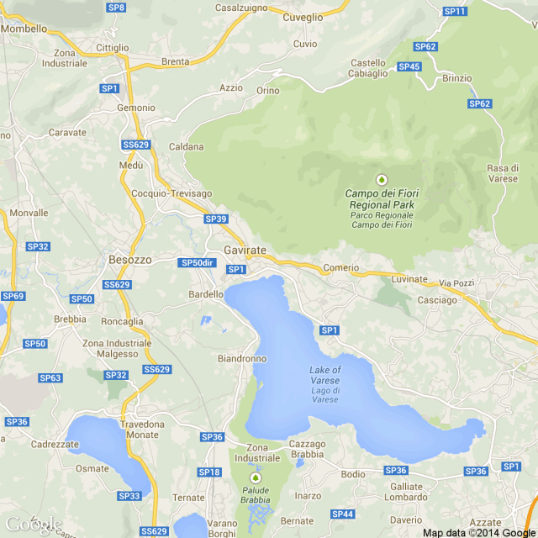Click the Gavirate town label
pyautogui.click(x=245, y=251)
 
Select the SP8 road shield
pyautogui.click(x=117, y=7)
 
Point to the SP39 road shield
pyautogui.click(x=215, y=219)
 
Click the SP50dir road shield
pyautogui.click(x=198, y=263)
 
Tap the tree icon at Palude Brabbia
pyautogui.click(x=256, y=477)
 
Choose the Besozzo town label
pyautogui.click(x=130, y=260)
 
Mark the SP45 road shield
pyautogui.click(x=409, y=66)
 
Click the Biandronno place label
pyautogui.click(x=242, y=358)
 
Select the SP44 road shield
pyautogui.click(x=342, y=514)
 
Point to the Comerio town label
pyautogui.click(x=340, y=267)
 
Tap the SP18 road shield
pyautogui.click(x=208, y=472)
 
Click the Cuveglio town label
pyautogui.click(x=303, y=17)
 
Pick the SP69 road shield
pyautogui.click(x=13, y=296)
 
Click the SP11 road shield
pyautogui.click(x=455, y=11)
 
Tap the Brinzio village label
pyautogui.click(x=456, y=78)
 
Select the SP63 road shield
pyautogui.click(x=50, y=377)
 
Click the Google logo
pyautogui.click(x=34, y=525)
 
